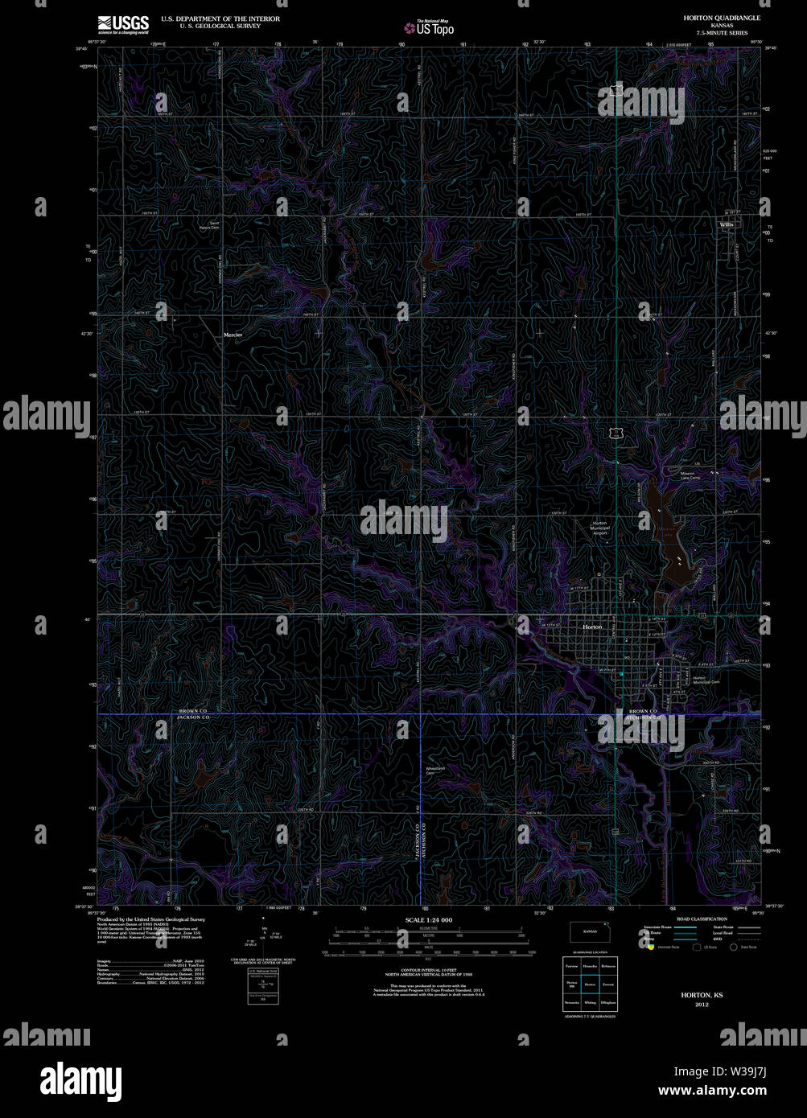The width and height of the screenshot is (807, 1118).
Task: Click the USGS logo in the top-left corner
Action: pyautogui.click(x=123, y=23)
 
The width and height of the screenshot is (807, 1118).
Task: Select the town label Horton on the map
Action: pyautogui.click(x=592, y=627)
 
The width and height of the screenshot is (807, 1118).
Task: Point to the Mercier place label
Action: pyautogui.click(x=233, y=335)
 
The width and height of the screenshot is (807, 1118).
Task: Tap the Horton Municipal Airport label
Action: pyautogui.click(x=600, y=528)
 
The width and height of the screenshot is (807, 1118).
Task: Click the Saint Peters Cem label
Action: pyautogui.click(x=214, y=225)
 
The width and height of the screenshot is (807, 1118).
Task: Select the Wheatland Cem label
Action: pyautogui.click(x=435, y=771)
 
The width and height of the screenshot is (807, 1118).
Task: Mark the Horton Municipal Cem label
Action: pyautogui.click(x=705, y=680)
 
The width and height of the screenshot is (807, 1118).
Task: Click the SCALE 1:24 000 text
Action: pyautogui.click(x=429, y=919)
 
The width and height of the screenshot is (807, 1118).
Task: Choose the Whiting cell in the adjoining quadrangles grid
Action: pyautogui.click(x=590, y=1003)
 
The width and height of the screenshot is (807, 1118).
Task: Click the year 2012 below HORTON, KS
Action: pyautogui.click(x=702, y=1005)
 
